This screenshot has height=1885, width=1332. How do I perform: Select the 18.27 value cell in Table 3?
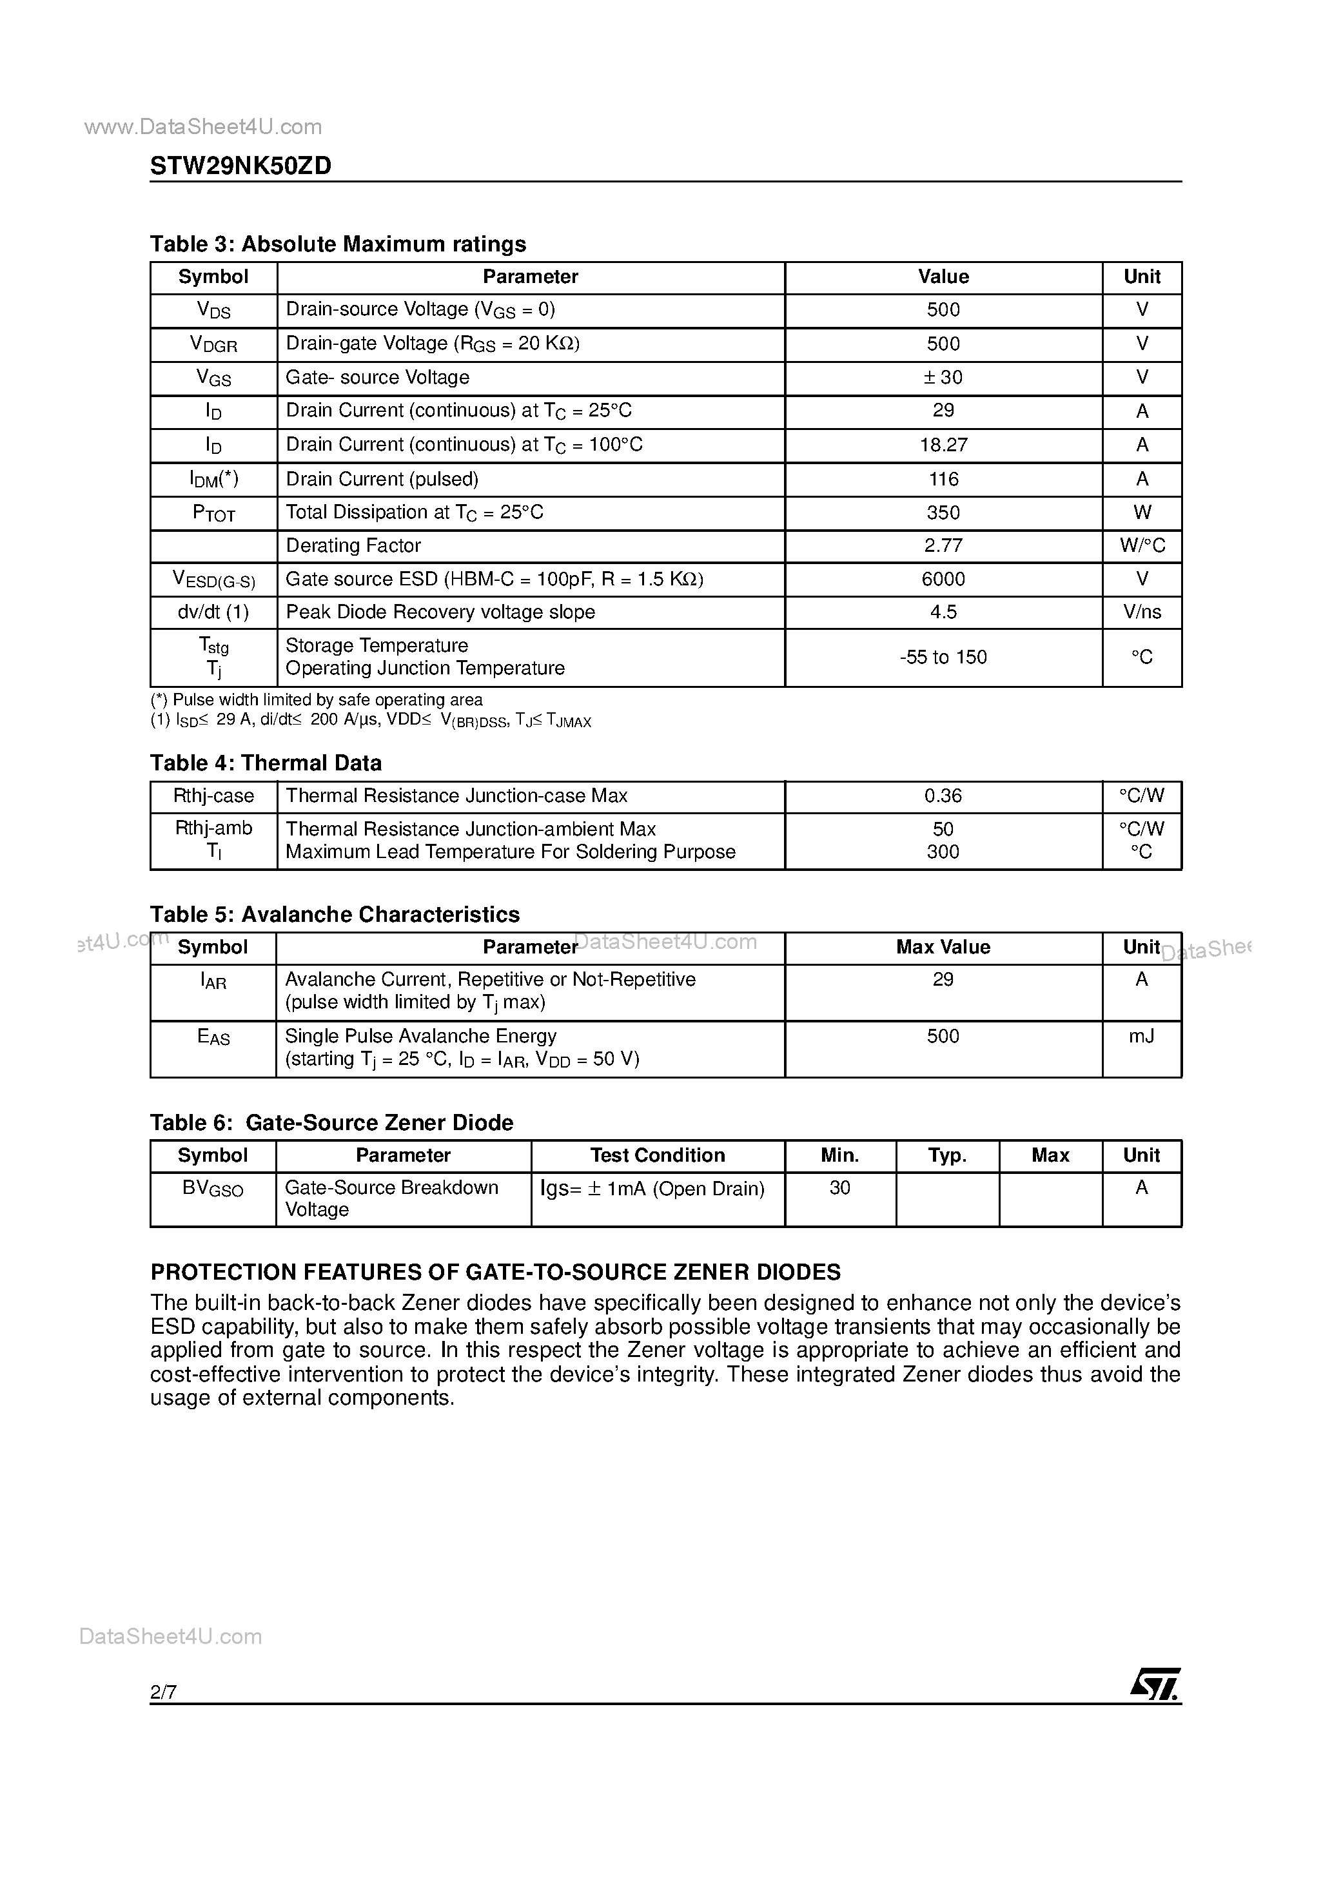943,445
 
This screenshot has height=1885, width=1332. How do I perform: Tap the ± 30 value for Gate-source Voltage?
943,378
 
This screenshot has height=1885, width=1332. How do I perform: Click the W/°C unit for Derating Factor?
1141,546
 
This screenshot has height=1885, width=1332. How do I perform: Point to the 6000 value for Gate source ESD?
943,580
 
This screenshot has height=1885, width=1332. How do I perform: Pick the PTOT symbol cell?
213,513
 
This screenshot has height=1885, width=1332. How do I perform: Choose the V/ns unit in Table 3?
1141,612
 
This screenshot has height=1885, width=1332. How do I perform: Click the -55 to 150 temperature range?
943,658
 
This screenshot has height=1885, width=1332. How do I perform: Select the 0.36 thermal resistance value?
943,796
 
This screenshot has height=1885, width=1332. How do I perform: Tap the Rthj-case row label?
213,796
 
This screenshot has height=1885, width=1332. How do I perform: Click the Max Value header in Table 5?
943,948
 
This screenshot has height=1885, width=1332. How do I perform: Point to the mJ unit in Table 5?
1141,1037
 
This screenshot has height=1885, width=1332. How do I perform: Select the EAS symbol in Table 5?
213,1038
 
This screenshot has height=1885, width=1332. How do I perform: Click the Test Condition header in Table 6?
657,1156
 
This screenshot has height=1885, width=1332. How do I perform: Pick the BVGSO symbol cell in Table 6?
213,1189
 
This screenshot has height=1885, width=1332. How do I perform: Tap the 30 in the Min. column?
839,1188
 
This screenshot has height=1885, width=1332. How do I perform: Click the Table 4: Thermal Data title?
265,763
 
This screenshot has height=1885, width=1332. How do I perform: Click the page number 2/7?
163,1692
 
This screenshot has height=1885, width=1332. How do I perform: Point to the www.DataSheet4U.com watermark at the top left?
203,126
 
